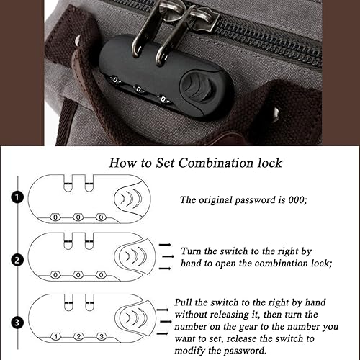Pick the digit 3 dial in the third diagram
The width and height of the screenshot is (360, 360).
(102, 336)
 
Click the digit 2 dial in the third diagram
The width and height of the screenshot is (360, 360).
(78, 336)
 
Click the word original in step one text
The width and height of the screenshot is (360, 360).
(220, 201)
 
